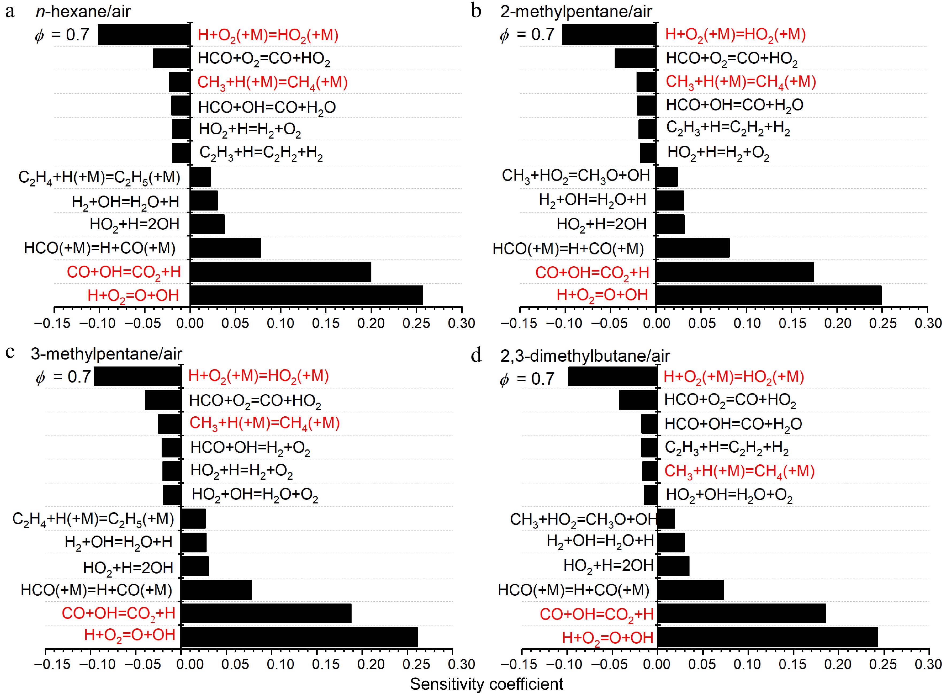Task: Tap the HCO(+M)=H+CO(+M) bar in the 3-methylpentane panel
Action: point(216,590)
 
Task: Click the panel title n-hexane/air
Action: point(83,11)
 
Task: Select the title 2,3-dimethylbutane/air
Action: point(585,356)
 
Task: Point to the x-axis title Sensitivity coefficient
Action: point(486,684)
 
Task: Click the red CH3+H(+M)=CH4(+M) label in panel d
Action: point(739,471)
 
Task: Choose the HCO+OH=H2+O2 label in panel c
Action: point(250,448)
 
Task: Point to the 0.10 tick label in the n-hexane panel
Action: point(281,323)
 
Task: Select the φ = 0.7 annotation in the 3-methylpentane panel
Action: point(63,377)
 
